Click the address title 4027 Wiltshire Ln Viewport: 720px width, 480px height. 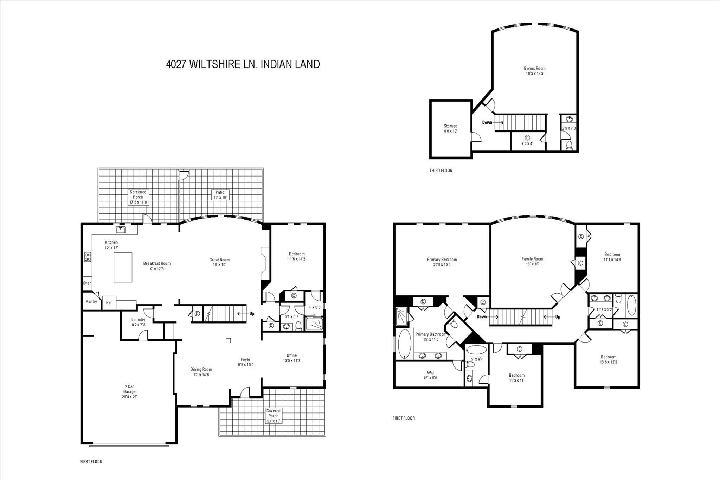[x=243, y=64]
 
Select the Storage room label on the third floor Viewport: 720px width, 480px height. [x=450, y=128]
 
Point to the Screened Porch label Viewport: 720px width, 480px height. [x=138, y=197]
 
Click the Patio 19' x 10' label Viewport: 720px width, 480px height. [x=220, y=195]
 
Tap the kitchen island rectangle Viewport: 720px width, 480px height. [x=123, y=267]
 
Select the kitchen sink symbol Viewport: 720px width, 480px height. [x=121, y=230]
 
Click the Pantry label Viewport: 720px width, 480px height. [x=91, y=302]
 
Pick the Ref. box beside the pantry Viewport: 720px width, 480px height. [x=109, y=303]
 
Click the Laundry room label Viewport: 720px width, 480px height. [x=138, y=322]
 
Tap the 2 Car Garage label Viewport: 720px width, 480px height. [x=129, y=391]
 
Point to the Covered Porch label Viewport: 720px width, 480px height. [x=274, y=416]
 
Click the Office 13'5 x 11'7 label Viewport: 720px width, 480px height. [x=291, y=358]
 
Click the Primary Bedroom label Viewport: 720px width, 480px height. [x=442, y=262]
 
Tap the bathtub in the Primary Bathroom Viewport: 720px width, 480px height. [x=404, y=344]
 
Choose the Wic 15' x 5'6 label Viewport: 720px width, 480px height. [x=430, y=375]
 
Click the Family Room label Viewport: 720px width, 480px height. [x=532, y=261]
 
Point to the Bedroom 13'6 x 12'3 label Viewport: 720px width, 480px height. [x=608, y=359]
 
